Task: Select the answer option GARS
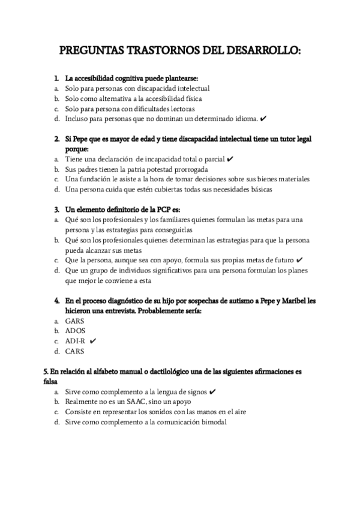pos(75,321)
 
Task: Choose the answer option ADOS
pos(76,331)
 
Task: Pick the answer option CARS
pos(75,351)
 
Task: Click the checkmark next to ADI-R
pos(93,341)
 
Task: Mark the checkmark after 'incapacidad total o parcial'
pos(231,158)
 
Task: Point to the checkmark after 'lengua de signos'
pos(213,391)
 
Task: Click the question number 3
pos(56,209)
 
